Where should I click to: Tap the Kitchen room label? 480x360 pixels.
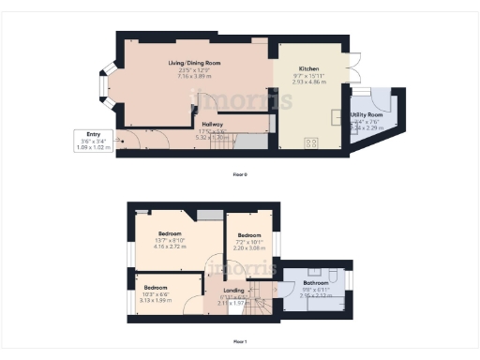tap(309, 69)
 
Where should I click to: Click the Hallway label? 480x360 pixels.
tap(212, 123)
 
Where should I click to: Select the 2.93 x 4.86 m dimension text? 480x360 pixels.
tap(309, 82)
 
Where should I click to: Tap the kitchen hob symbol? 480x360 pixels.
tap(311, 142)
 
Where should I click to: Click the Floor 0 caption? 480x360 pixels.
tap(240, 174)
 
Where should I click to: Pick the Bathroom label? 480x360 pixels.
tap(315, 282)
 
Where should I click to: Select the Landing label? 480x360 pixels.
tap(233, 291)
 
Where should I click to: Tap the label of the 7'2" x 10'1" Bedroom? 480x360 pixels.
tap(248, 235)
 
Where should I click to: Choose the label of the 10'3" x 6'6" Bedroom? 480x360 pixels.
tap(156, 287)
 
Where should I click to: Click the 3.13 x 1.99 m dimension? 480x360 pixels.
tap(156, 301)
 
